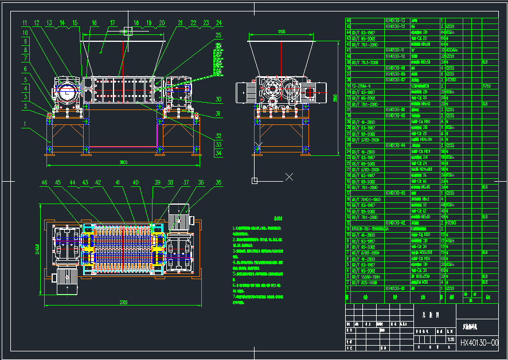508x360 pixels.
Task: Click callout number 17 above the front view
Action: (x=113, y=23)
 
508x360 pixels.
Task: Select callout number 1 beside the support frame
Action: (x=25, y=123)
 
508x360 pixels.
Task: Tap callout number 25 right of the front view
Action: (x=218, y=36)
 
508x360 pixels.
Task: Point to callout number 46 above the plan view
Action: (x=44, y=182)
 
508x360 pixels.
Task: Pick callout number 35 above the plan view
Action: (x=218, y=182)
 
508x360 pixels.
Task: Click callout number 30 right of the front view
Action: (x=218, y=99)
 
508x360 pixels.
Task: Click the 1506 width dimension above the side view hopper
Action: (x=282, y=32)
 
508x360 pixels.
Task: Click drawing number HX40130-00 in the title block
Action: (x=483, y=343)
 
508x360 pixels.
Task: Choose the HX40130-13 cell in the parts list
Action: (x=396, y=20)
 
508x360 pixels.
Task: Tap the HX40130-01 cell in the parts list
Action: (x=396, y=288)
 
